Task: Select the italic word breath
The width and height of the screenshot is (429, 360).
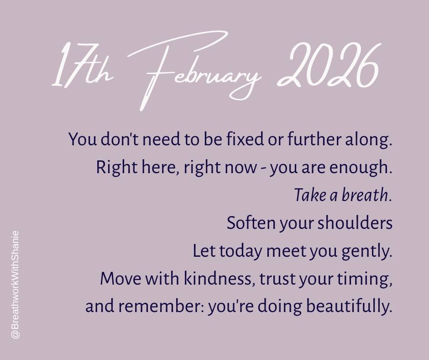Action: click(x=365, y=196)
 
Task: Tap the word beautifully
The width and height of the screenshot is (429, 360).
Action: click(x=349, y=307)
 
